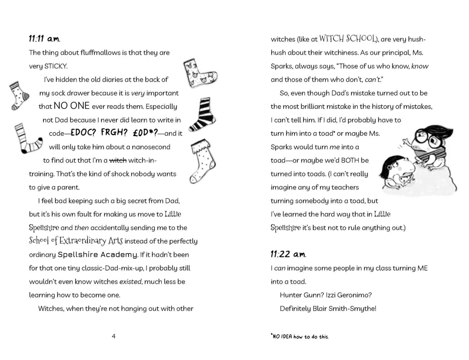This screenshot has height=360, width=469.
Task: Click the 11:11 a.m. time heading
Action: pyautogui.click(x=44, y=38)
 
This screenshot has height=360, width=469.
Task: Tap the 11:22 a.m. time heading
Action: pyautogui.click(x=288, y=254)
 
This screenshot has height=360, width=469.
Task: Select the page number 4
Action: pyautogui.click(x=114, y=336)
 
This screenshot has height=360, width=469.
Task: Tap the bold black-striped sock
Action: pyautogui.click(x=202, y=115)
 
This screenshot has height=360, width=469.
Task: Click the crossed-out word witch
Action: pyautogui.click(x=118, y=160)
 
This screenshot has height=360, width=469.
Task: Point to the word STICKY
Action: pyautogui.click(x=56, y=66)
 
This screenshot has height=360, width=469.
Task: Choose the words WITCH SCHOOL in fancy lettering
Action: pyautogui.click(x=348, y=38)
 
